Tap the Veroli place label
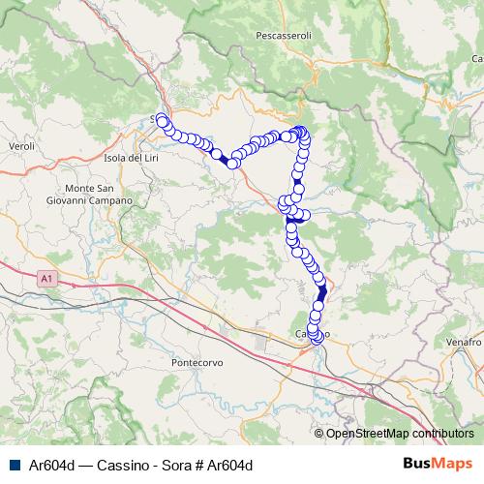coord(20,146)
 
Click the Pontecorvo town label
coord(197,362)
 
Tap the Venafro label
coord(466,343)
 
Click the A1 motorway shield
coord(46,279)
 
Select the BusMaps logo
coord(439,464)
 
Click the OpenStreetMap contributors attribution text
coord(400,434)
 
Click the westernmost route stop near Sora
coord(162,120)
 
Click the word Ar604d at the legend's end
coord(232,465)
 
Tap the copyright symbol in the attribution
coord(319,434)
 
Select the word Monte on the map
coord(77,188)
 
